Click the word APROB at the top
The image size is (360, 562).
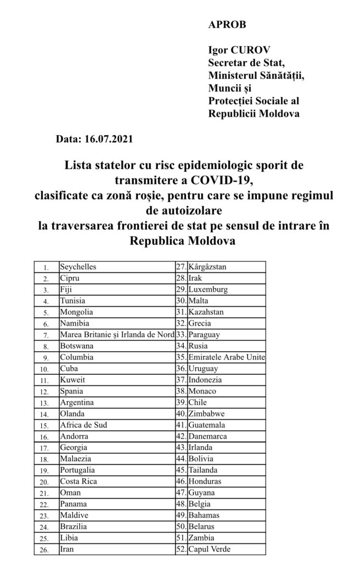(227, 25)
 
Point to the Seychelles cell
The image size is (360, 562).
(78, 267)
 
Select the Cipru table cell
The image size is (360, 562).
(70, 278)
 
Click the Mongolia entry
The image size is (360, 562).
(76, 312)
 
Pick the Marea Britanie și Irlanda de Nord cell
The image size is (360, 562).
(116, 334)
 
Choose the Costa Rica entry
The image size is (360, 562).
(78, 481)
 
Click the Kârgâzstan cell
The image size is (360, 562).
(207, 267)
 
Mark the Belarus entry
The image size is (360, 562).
(201, 526)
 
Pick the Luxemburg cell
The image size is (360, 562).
(207, 289)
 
